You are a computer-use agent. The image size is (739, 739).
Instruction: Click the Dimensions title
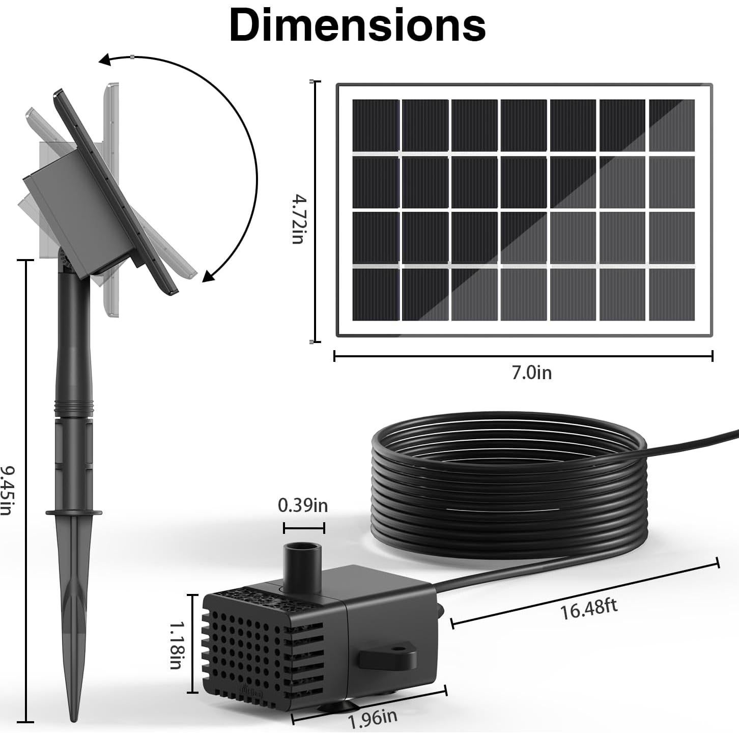tap(357, 25)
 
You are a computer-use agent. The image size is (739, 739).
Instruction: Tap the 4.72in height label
tap(298, 219)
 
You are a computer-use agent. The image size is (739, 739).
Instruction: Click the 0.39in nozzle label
tap(303, 505)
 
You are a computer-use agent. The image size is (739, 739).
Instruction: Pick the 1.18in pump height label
tap(176, 644)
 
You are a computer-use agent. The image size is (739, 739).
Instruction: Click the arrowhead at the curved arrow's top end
tap(105, 61)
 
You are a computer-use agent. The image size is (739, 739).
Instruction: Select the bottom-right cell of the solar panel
tap(671, 294)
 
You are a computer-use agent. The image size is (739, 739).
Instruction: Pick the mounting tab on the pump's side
tap(388, 659)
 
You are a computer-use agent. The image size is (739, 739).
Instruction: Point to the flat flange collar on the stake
tap(74, 513)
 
